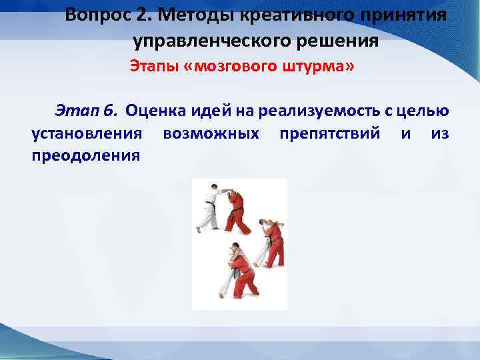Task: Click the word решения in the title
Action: [x=341, y=41]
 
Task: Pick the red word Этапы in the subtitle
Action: [x=149, y=67]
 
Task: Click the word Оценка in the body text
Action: [x=154, y=109]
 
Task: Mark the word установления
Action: [x=87, y=133]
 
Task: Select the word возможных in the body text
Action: [x=211, y=133]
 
